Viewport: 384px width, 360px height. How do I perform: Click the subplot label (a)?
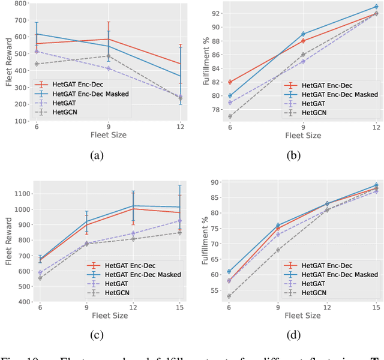coord(96,156)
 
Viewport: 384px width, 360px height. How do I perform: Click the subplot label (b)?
coord(293,156)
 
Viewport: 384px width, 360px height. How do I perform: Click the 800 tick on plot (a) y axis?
coord(20,4)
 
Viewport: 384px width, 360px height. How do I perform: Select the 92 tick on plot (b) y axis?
coord(220,13)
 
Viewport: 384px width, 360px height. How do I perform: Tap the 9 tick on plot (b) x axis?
coord(304,127)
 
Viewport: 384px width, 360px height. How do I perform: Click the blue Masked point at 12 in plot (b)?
coord(376,7)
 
